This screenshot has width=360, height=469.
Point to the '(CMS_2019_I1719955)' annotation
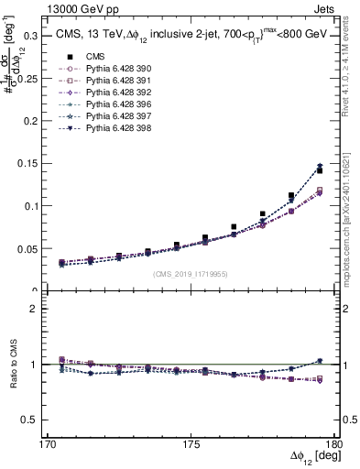point(191,274)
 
